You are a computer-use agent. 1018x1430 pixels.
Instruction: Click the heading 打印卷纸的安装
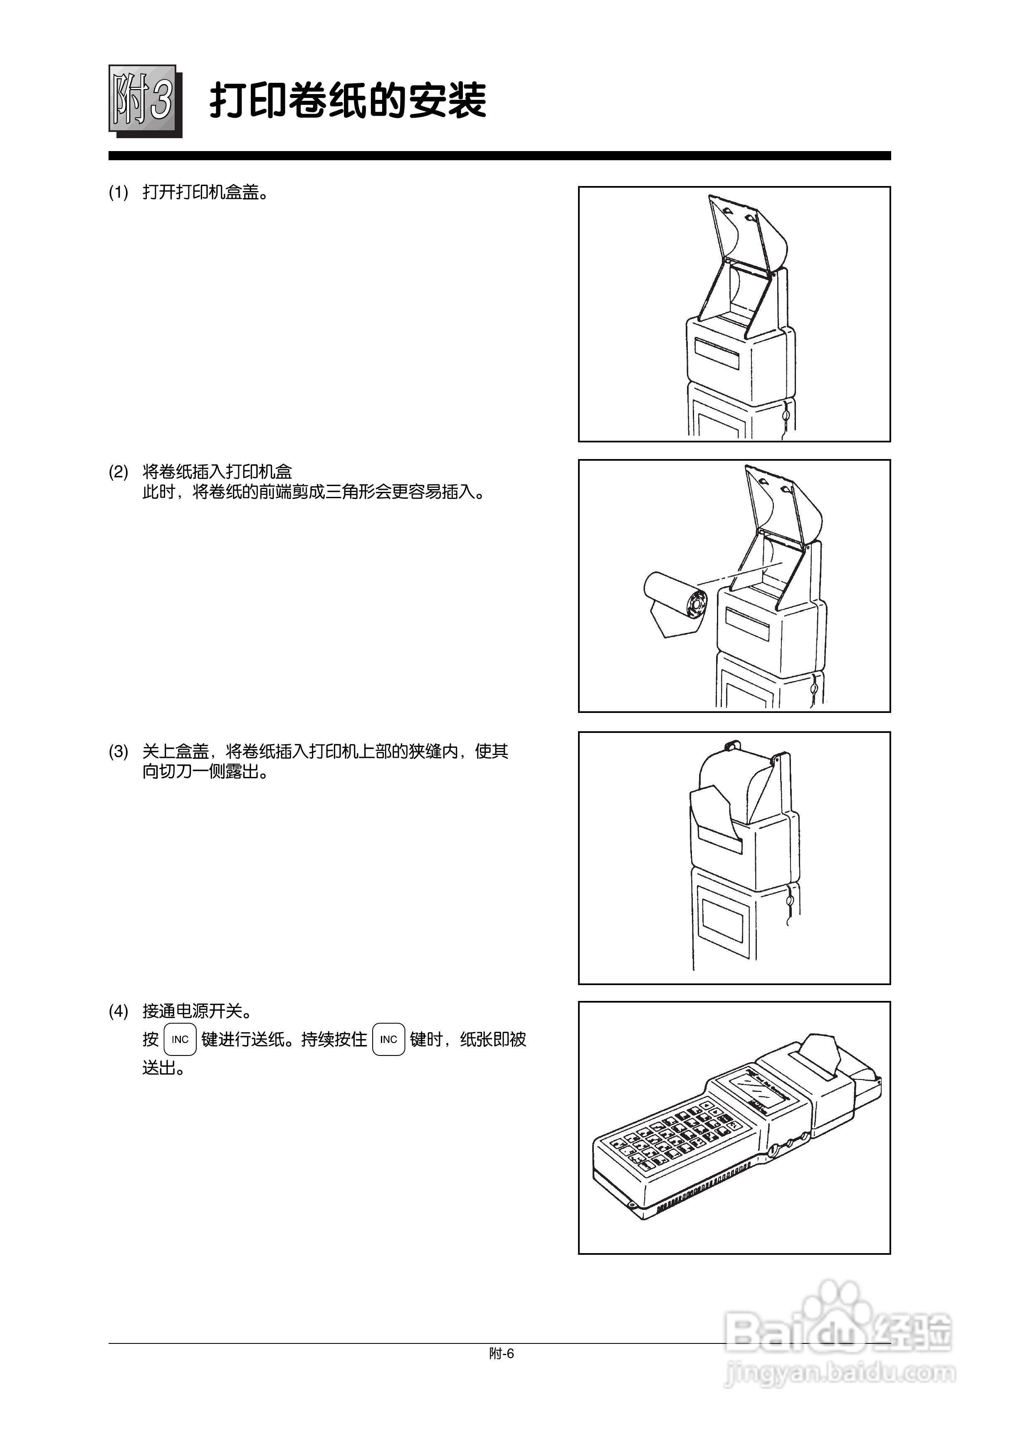click(x=348, y=100)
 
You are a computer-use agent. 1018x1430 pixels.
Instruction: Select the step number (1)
click(x=119, y=193)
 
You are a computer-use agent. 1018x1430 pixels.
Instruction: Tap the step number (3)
click(x=119, y=751)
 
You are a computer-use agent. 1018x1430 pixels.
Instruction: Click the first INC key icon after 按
click(x=180, y=1039)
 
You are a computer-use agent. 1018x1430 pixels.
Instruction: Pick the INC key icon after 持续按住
click(x=389, y=1039)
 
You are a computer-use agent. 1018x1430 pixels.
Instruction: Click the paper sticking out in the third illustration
click(x=714, y=812)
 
